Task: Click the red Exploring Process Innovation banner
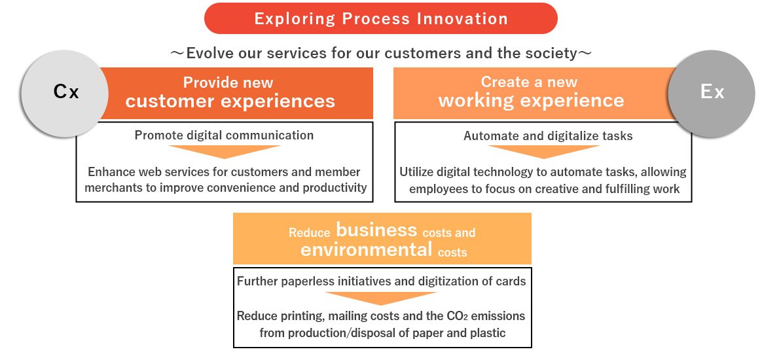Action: (x=381, y=18)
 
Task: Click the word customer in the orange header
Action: (x=170, y=101)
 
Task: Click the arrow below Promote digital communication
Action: (x=225, y=152)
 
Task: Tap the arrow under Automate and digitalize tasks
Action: (x=544, y=152)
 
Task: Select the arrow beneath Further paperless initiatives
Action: (x=381, y=298)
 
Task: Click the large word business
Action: (x=376, y=229)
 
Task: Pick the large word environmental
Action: (x=367, y=249)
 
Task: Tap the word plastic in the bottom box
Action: (x=488, y=333)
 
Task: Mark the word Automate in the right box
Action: (x=486, y=136)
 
